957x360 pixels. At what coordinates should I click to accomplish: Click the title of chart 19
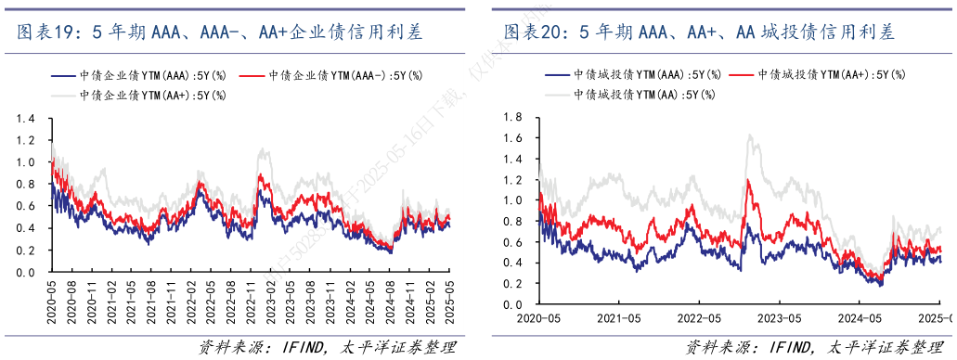pyautogui.click(x=220, y=32)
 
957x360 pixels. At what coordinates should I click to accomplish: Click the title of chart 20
pyautogui.click(x=699, y=32)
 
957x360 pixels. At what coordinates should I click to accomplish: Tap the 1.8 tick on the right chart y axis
pyautogui.click(x=511, y=118)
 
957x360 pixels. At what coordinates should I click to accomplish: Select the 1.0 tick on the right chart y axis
pyautogui.click(x=511, y=200)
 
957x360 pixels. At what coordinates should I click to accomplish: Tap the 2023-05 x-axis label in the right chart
pyautogui.click(x=781, y=317)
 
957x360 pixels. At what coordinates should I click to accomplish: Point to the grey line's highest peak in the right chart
pyautogui.click(x=749, y=135)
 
